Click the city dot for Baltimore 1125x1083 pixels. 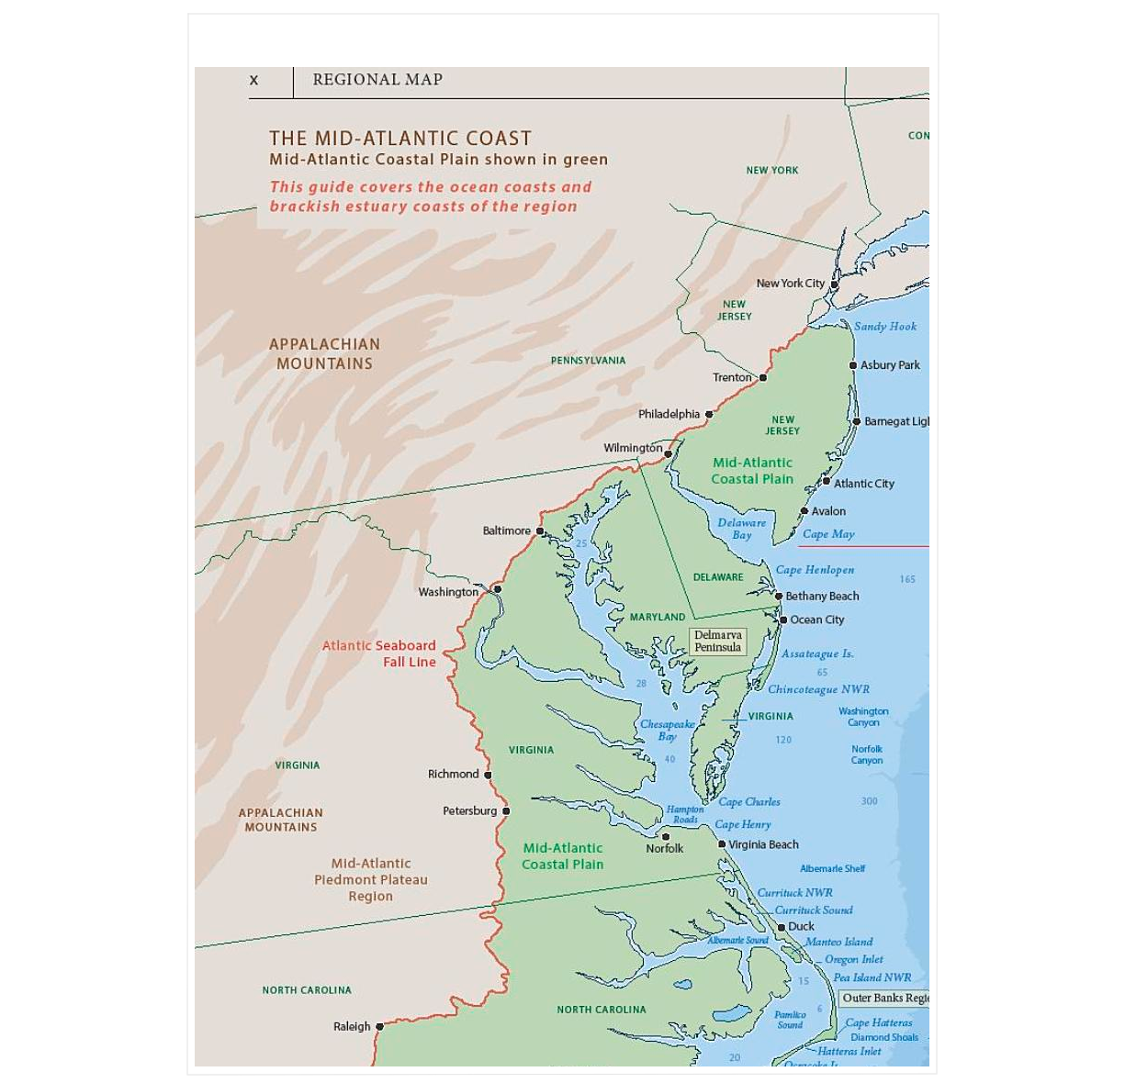[x=540, y=531]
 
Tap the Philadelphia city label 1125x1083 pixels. [x=669, y=414]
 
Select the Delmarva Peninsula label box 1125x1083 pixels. [x=717, y=641]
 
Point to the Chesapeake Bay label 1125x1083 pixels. [x=667, y=730]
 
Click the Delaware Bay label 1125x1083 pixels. [x=741, y=529]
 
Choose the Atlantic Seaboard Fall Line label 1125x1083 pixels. [x=379, y=653]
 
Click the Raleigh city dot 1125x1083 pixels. [x=379, y=1026]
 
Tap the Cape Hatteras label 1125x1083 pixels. [x=879, y=1022]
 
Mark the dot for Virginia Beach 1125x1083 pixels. [x=722, y=844]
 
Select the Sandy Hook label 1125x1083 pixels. [x=884, y=326]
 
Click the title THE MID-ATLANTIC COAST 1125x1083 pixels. [x=400, y=139]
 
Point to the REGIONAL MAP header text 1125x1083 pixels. [x=377, y=80]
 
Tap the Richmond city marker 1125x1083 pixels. [x=488, y=775]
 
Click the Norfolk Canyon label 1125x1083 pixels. [x=866, y=754]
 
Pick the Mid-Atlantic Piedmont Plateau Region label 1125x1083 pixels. [x=371, y=879]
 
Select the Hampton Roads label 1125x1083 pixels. [x=685, y=814]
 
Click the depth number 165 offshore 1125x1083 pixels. [x=907, y=579]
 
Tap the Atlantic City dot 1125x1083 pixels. [x=826, y=482]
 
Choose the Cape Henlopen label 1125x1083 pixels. [x=815, y=570]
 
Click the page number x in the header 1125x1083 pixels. [x=254, y=81]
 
